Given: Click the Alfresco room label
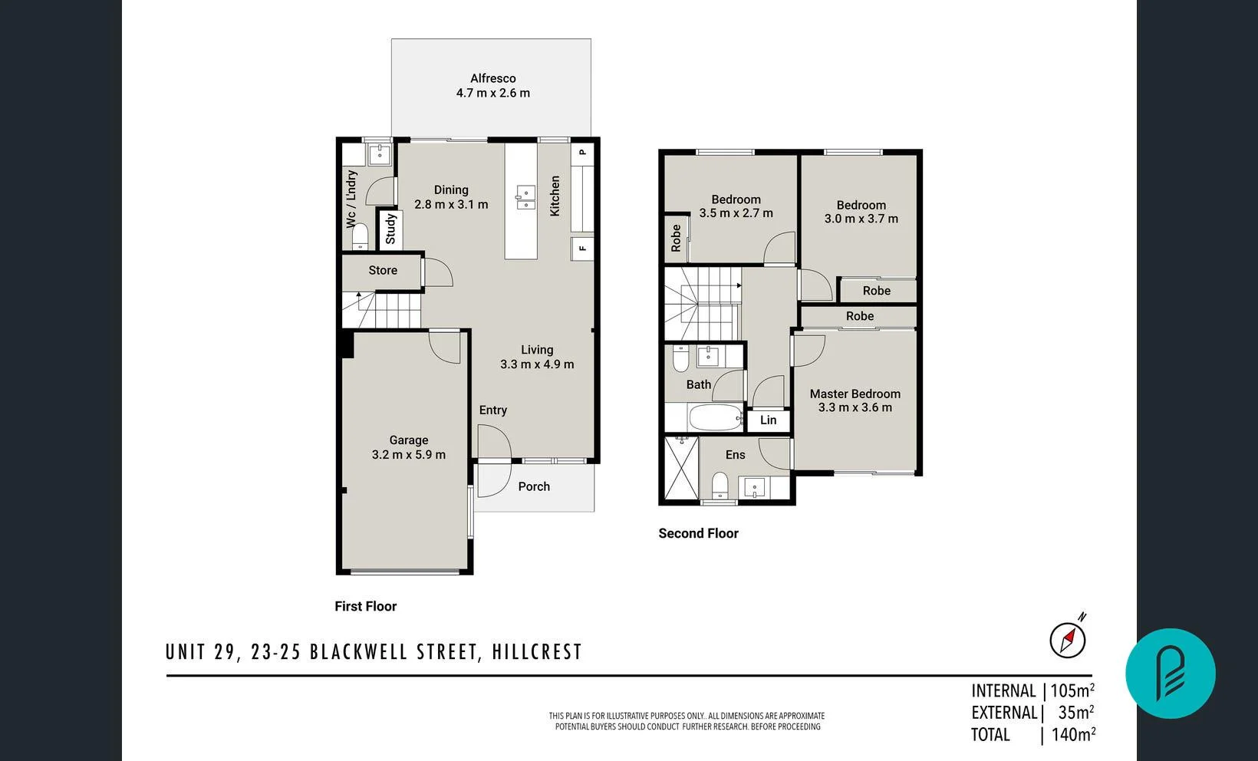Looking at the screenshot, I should (x=492, y=78).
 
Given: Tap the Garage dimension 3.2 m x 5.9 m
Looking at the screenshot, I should (x=408, y=455).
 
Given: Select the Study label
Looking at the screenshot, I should (x=390, y=229).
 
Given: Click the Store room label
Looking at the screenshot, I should (x=383, y=270).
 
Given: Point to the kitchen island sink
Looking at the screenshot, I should (x=525, y=197).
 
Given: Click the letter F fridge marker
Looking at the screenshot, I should (x=582, y=249).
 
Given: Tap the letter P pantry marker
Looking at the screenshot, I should (x=582, y=152).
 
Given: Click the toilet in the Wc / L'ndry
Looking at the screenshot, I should (x=360, y=239).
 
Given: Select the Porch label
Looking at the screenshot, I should (x=534, y=486).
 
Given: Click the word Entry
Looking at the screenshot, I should (x=493, y=410).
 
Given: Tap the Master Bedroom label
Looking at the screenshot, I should (x=855, y=394).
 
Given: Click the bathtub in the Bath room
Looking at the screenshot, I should (x=716, y=419).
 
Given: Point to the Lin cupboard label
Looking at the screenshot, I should (x=768, y=420).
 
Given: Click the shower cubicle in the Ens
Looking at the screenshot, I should (x=681, y=468).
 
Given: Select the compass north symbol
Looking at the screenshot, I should (x=1068, y=638).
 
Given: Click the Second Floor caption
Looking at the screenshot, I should (x=698, y=533).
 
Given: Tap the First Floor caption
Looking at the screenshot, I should (x=365, y=606).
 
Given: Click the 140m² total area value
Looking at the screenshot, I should (x=1072, y=735).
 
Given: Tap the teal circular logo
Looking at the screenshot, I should (x=1170, y=674).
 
